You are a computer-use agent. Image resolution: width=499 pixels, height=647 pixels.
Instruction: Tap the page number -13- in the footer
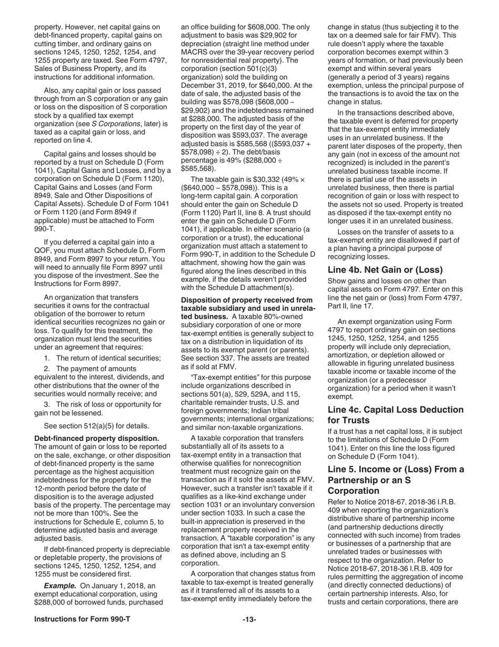click(250, 620)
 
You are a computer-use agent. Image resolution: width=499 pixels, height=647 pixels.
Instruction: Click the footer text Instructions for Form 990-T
click(82, 620)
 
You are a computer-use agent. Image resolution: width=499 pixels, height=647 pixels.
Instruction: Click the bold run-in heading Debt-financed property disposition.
click(97, 438)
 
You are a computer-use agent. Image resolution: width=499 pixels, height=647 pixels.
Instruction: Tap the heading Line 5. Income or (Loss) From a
click(396, 469)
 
